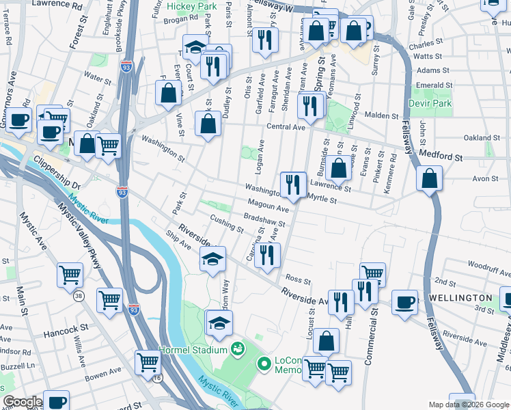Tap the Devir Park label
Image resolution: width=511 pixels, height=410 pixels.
(430, 103)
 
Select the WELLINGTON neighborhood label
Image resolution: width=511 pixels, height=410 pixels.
(460, 299)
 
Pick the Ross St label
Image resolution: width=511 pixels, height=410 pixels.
(298, 280)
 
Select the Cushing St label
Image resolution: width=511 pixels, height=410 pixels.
(227, 223)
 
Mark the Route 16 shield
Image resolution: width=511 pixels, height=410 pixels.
(158, 379)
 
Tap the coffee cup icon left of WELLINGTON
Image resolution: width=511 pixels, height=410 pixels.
(404, 301)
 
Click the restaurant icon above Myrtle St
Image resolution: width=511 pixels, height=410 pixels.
(293, 184)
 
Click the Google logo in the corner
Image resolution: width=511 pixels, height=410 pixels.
(23, 402)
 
